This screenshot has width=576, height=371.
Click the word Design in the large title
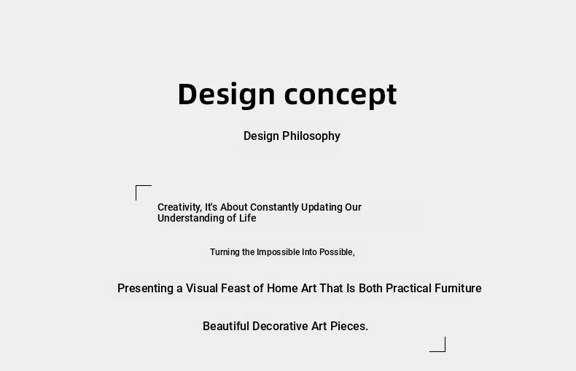pyautogui.click(x=226, y=95)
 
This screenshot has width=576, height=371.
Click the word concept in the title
pyautogui.click(x=340, y=96)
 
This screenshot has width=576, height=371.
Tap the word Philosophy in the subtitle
pyautogui.click(x=311, y=136)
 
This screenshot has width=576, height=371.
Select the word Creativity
pyautogui.click(x=179, y=208)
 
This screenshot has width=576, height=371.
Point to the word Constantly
pyautogui.click(x=274, y=207)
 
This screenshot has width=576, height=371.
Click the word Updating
pyautogui.click(x=322, y=208)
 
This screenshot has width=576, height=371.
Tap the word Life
pyautogui.click(x=248, y=218)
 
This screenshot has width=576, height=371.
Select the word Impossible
pyautogui.click(x=278, y=252)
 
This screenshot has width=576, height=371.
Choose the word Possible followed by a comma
pyautogui.click(x=337, y=252)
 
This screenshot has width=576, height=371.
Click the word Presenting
pyautogui.click(x=146, y=289)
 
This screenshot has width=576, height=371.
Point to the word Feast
pyautogui.click(x=235, y=289)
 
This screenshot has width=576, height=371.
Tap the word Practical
pyautogui.click(x=408, y=289)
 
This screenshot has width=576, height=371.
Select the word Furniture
pyautogui.click(x=458, y=289)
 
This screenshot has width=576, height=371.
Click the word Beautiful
pyautogui.click(x=226, y=327)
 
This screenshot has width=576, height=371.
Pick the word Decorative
pyautogui.click(x=280, y=327)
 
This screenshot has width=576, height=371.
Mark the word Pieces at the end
pyautogui.click(x=349, y=327)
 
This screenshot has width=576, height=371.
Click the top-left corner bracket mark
pyautogui.click(x=136, y=186)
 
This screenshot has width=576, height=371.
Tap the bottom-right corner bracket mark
pyautogui.click(x=445, y=351)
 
